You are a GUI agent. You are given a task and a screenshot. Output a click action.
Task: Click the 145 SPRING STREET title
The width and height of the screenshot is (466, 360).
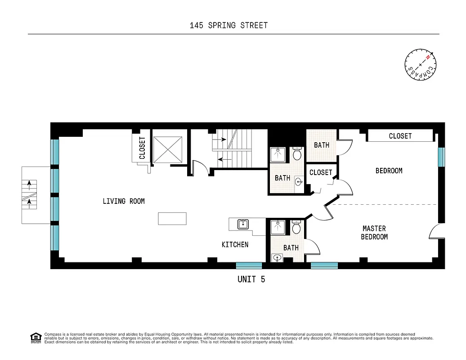(x=229, y=25)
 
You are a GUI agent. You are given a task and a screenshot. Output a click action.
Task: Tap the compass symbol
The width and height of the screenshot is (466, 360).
(x=421, y=65)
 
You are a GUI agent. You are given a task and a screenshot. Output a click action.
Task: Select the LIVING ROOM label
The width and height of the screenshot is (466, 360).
(x=124, y=201)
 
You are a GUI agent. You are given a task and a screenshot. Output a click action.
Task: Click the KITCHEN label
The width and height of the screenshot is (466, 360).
(x=235, y=244)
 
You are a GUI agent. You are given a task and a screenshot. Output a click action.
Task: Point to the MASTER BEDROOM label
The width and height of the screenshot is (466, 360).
(x=374, y=233)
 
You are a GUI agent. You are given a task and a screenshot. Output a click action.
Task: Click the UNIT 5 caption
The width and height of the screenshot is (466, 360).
(x=251, y=279)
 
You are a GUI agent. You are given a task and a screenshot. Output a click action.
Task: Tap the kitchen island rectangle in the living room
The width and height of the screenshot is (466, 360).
(x=172, y=219)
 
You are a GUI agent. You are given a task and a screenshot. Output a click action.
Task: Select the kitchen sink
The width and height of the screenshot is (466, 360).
(x=243, y=224)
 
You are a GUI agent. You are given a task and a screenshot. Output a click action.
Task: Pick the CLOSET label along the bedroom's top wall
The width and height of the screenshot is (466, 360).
(x=400, y=136)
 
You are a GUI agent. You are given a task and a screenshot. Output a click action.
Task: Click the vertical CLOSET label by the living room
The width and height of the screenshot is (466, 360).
(x=142, y=148)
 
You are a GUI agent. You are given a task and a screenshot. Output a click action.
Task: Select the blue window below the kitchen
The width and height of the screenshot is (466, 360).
(x=249, y=265)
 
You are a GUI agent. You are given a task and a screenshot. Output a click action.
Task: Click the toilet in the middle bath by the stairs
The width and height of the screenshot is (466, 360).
(x=297, y=154)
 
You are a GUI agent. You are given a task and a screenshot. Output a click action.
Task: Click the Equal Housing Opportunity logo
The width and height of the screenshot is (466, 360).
(x=35, y=337)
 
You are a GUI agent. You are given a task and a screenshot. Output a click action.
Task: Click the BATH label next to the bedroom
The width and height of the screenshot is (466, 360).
(x=321, y=145)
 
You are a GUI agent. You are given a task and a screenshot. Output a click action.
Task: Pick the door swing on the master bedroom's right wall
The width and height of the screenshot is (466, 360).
(x=435, y=233)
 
